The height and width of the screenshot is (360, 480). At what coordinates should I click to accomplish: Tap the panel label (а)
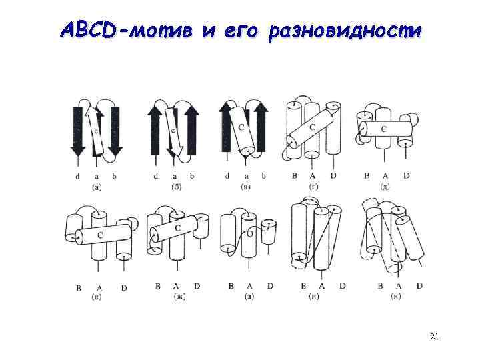click(97, 187)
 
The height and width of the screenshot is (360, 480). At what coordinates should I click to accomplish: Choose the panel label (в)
click(245, 187)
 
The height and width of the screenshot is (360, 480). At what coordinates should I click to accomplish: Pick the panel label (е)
click(97, 295)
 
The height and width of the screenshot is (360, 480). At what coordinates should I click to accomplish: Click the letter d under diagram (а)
click(78, 176)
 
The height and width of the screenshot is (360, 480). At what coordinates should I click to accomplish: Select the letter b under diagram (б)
click(192, 176)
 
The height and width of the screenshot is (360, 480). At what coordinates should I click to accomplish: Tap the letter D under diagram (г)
click(332, 175)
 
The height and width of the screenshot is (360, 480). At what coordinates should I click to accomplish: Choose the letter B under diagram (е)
click(79, 288)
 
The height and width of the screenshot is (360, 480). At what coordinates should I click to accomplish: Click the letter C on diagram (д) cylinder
click(383, 128)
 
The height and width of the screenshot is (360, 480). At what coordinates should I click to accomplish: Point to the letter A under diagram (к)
click(399, 286)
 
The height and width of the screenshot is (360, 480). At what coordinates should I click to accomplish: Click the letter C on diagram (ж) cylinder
click(177, 228)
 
